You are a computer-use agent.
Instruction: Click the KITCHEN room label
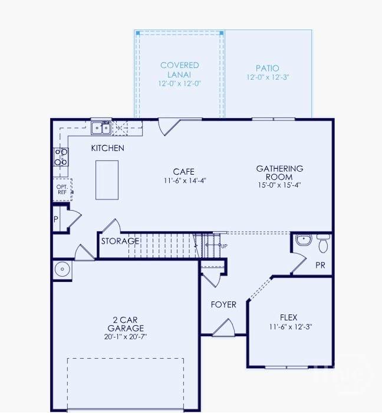point(108,148)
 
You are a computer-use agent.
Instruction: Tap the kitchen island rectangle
point(107,180)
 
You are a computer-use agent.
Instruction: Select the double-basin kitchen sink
point(101,128)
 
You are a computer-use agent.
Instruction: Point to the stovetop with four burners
point(61,157)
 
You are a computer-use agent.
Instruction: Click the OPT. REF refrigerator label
point(62,189)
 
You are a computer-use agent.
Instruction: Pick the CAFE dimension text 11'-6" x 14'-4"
point(185,181)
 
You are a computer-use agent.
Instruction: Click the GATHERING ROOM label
point(279,172)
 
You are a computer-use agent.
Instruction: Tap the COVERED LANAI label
point(179,70)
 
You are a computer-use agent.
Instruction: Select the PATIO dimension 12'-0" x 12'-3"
point(268,77)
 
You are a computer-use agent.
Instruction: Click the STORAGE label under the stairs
point(120,241)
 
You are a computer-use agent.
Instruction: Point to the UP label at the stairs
point(224,246)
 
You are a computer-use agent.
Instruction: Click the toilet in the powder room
point(323,243)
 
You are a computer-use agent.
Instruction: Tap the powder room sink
point(304,240)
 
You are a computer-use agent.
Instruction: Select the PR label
point(320,265)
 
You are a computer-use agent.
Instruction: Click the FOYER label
point(223,305)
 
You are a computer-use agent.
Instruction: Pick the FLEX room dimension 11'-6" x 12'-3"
point(290,327)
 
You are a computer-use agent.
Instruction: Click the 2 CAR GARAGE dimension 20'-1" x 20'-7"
point(126,337)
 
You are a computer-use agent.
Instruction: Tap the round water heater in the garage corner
point(62,269)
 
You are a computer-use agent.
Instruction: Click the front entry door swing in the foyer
point(225,328)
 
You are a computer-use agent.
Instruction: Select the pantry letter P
point(56,219)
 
